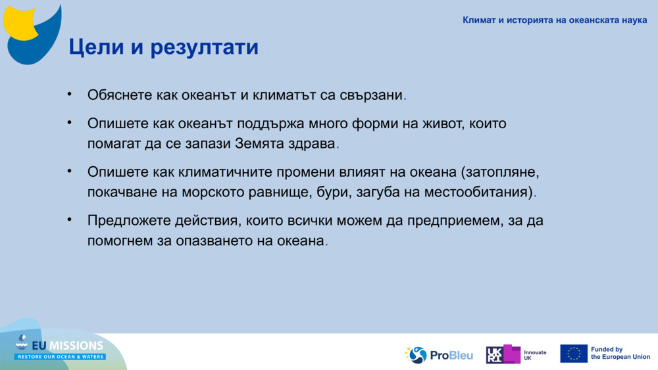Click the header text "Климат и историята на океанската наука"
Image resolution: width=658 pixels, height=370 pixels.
tap(554, 20)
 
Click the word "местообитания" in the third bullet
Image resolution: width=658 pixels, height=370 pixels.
tap(485, 193)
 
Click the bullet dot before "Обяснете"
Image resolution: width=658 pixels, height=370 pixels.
tap(69, 94)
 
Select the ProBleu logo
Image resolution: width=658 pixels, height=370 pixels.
tap(439, 355)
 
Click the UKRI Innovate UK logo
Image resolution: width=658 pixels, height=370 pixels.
tap(516, 355)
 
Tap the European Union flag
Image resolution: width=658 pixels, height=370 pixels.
tap(573, 354)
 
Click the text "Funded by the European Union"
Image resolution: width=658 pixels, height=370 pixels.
tap(620, 354)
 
